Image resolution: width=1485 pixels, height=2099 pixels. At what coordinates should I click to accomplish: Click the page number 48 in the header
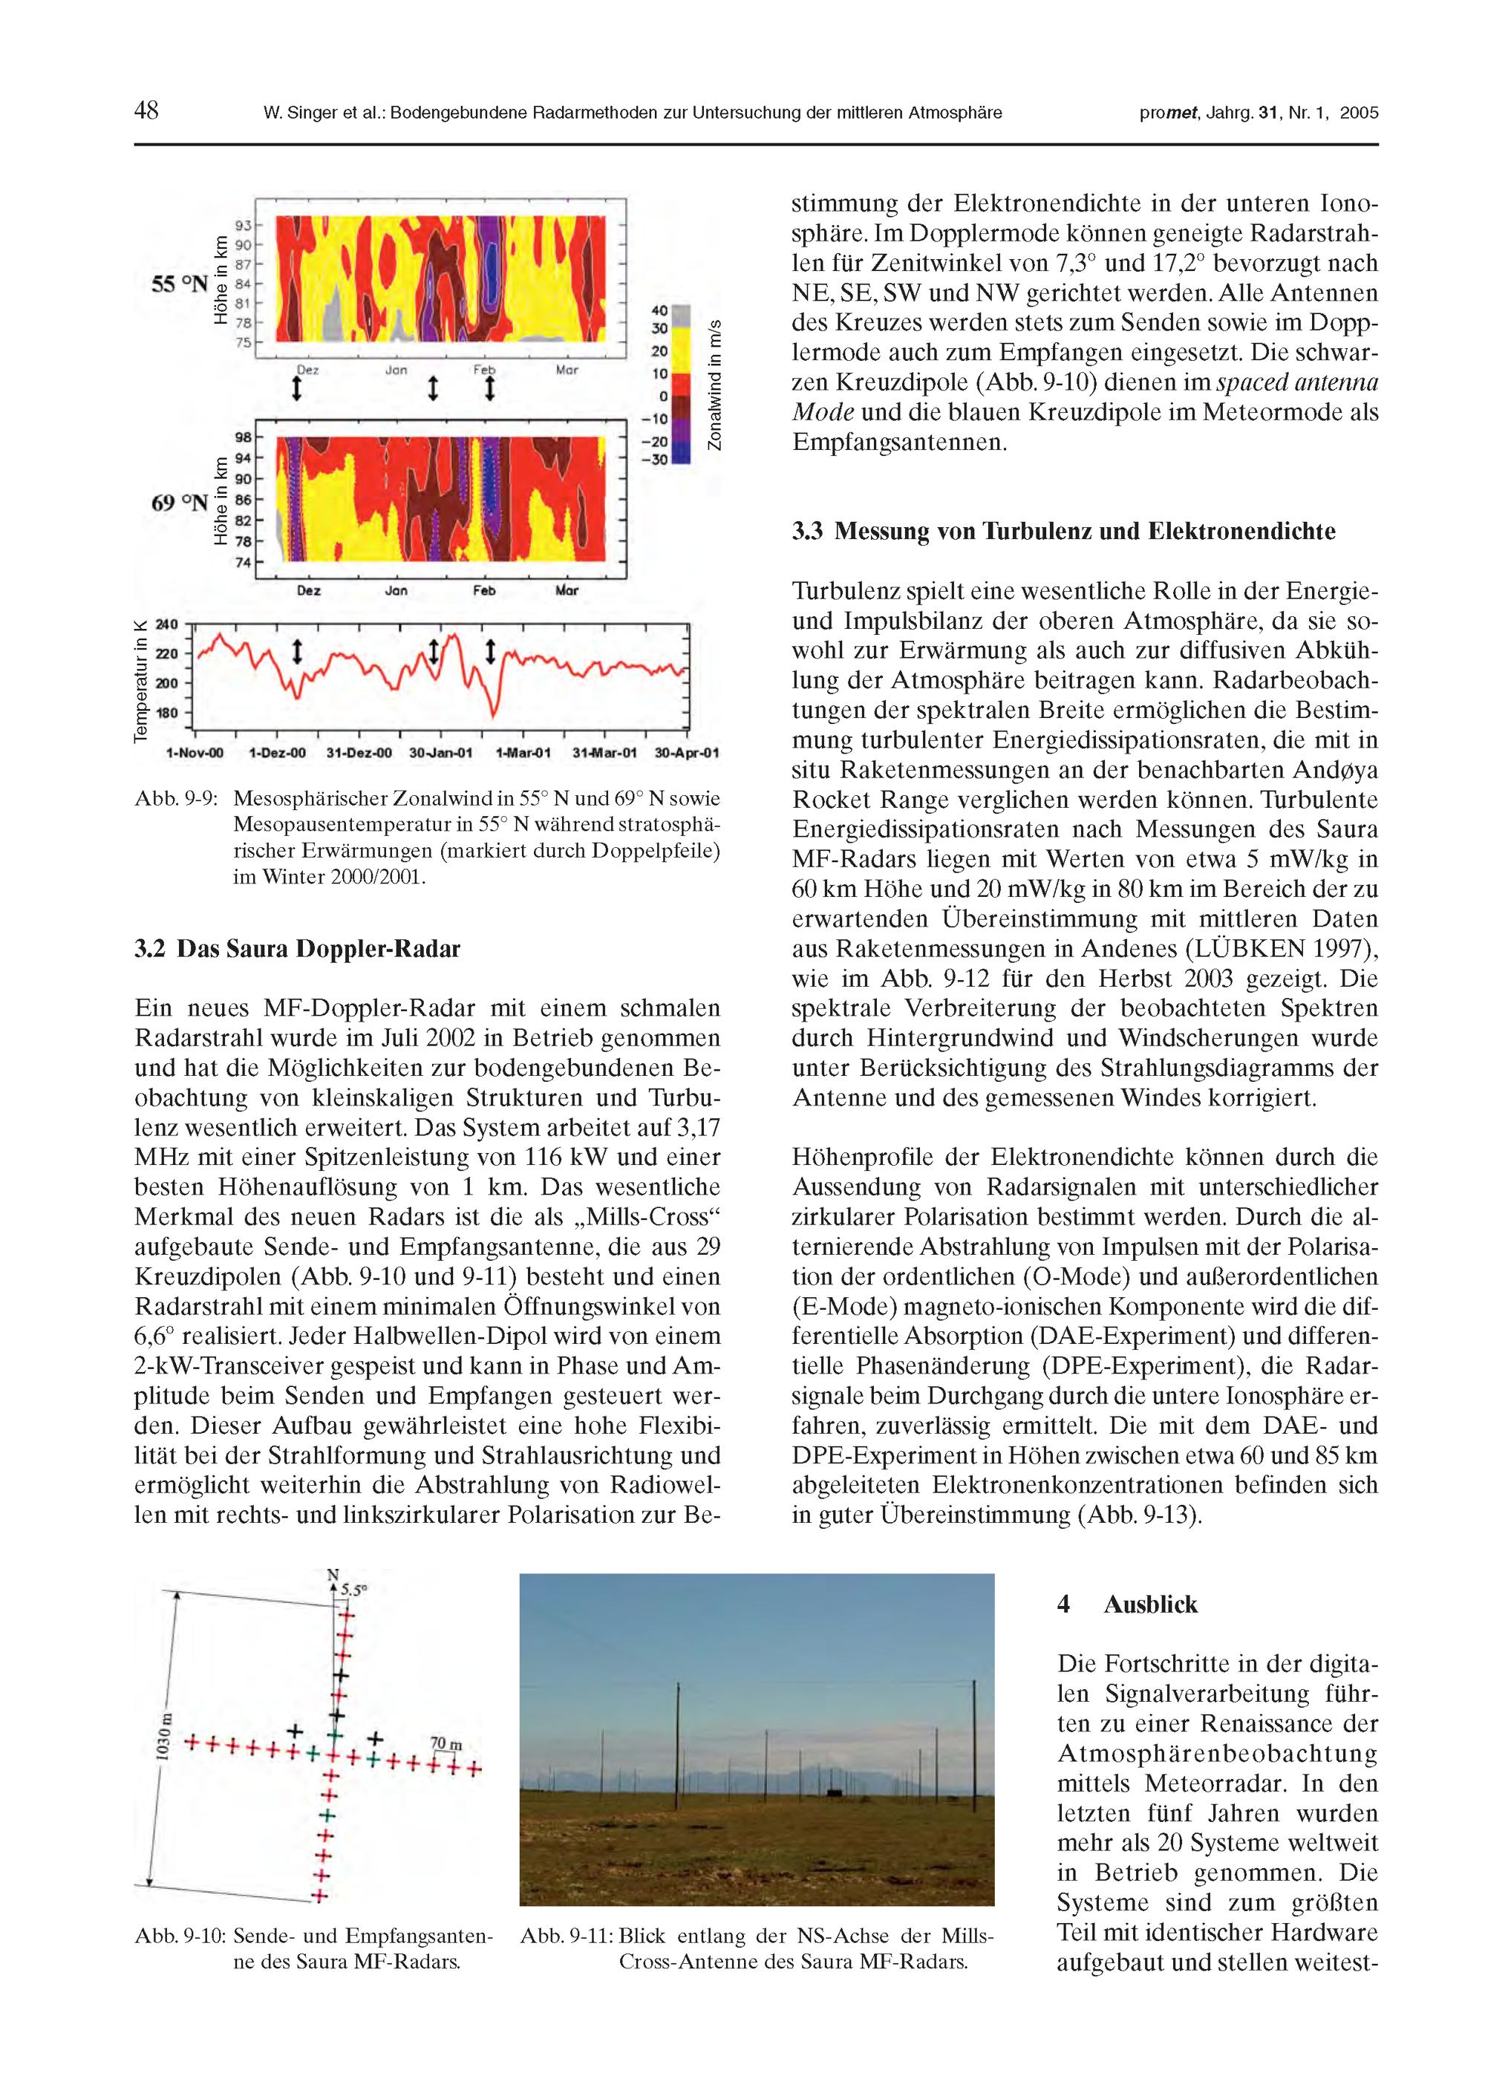click(146, 111)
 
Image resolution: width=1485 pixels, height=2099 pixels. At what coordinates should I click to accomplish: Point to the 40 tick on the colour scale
click(659, 311)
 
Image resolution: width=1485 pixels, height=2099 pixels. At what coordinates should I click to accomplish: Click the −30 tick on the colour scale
click(655, 459)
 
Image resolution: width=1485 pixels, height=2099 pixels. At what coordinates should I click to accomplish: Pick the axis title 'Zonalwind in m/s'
click(715, 384)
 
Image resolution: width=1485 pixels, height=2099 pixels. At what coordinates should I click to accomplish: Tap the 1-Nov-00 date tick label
click(194, 754)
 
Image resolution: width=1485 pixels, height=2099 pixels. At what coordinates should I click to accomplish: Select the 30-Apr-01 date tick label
click(687, 754)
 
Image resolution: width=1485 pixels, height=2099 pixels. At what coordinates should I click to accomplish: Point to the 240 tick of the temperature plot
click(167, 625)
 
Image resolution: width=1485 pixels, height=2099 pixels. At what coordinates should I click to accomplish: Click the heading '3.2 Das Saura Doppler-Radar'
click(297, 949)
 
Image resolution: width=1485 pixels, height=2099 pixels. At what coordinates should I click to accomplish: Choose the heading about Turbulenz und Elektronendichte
click(1063, 531)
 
